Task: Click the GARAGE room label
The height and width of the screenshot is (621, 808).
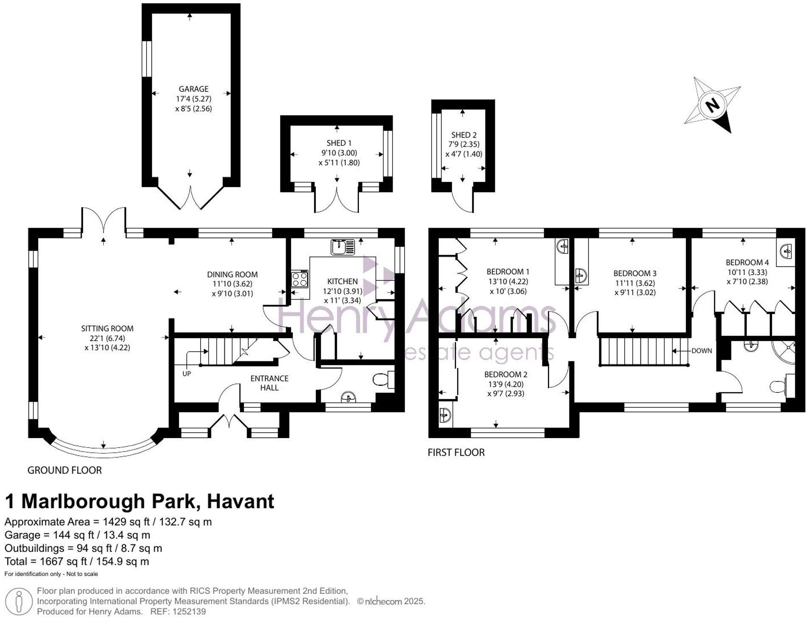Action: coord(194,89)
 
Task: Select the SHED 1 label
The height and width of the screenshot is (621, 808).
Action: coord(339,143)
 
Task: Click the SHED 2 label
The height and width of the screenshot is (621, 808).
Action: coord(464,135)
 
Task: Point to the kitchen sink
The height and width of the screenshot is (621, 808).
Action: coord(343,247)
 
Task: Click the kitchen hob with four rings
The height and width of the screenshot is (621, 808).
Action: coord(300,280)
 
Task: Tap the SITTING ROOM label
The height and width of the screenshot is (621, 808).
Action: coord(107,328)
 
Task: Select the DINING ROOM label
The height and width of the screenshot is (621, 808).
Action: coord(232,274)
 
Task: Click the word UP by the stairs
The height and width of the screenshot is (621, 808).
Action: coord(187,374)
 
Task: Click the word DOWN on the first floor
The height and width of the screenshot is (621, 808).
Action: coord(701,351)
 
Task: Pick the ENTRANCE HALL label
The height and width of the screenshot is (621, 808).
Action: coord(269,383)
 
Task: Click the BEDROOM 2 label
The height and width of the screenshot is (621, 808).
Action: coord(506,375)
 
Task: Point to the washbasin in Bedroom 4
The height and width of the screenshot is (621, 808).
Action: coord(786,251)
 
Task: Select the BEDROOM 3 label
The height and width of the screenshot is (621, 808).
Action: coord(635,273)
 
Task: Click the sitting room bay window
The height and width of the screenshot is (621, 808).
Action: coord(103,450)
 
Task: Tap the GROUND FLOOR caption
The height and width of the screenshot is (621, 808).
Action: coord(65,470)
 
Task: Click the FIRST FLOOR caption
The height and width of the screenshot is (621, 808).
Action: coord(456,452)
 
